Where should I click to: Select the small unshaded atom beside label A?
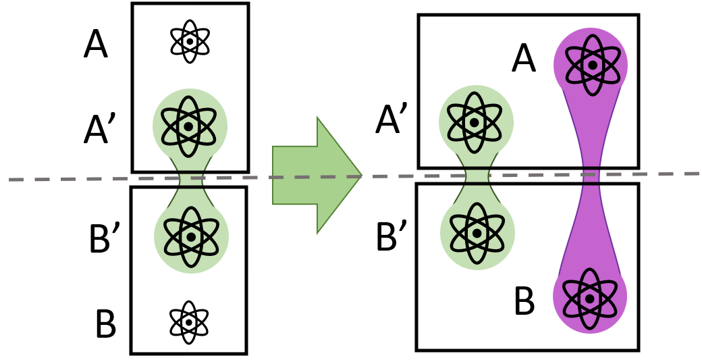[190, 42]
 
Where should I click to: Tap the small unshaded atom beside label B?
[189, 322]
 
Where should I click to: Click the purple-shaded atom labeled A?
[591, 65]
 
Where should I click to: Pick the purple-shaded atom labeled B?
[590, 298]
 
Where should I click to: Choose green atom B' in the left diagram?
[192, 236]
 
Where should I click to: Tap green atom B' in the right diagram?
[477, 232]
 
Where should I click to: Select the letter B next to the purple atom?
[524, 301]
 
